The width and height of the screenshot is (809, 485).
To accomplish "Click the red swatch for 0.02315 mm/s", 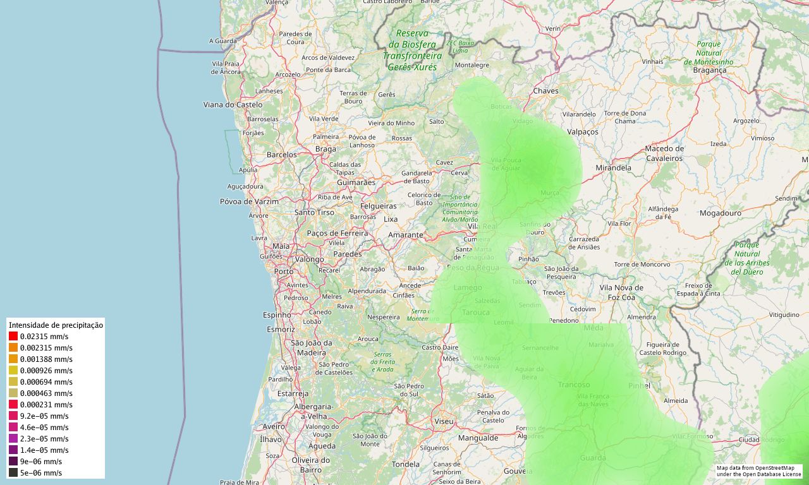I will (13, 337).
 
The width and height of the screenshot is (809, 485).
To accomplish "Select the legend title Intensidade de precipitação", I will (56, 325).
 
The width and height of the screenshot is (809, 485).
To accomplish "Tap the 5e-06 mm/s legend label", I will (41, 472).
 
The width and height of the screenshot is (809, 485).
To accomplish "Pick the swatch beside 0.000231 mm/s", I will (13, 405).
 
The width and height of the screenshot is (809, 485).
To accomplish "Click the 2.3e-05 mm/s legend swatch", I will (13, 439).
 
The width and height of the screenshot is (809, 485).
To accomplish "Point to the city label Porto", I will (284, 272).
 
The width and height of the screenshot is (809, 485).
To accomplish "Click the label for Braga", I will (325, 149).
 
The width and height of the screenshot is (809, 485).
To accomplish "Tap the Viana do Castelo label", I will (233, 104).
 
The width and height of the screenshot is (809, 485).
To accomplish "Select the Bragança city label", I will (710, 70).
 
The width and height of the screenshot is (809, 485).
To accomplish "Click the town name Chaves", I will (546, 91).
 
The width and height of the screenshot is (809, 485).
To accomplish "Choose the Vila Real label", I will (482, 226).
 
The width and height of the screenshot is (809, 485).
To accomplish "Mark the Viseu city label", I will (444, 421).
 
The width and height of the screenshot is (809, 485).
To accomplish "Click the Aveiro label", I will (274, 426).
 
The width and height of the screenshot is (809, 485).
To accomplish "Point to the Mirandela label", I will (613, 168).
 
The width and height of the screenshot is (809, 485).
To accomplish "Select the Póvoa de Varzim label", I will (249, 201).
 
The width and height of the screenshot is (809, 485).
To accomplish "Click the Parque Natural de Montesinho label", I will (709, 53).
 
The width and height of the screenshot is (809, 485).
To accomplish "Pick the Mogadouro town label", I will (720, 213).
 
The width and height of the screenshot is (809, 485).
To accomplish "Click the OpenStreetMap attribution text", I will (759, 470).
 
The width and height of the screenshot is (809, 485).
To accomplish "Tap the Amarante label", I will (405, 234).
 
